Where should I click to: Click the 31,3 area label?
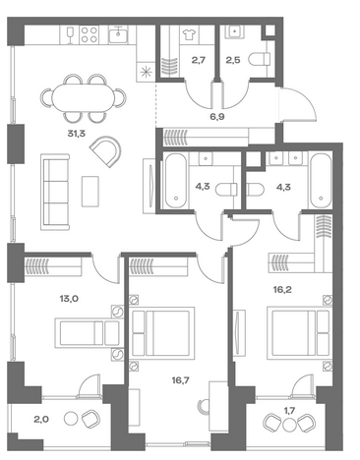tap(76, 134)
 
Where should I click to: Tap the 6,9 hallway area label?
tap(217, 117)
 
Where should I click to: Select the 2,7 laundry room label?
tap(199, 60)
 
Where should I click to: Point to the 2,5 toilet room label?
tap(233, 60)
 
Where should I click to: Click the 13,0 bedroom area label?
tap(69, 299)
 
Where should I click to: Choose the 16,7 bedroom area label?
tap(180, 380)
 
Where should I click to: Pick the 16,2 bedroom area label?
tap(282, 289)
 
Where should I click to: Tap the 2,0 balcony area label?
tap(41, 419)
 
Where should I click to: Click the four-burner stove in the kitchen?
tap(90, 34)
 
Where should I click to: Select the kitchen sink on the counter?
tap(118, 34)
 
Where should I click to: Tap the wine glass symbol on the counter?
tap(70, 34)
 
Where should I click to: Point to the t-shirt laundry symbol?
tap(189, 34)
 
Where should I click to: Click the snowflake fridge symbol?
tap(145, 72)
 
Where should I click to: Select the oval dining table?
tap(84, 97)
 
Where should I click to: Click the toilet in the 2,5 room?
tap(260, 60)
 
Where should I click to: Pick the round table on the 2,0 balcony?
tap(70, 419)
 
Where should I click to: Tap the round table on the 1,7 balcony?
tap(289, 425)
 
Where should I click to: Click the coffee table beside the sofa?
tap(90, 192)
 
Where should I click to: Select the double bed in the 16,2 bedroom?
tap(298, 333)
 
